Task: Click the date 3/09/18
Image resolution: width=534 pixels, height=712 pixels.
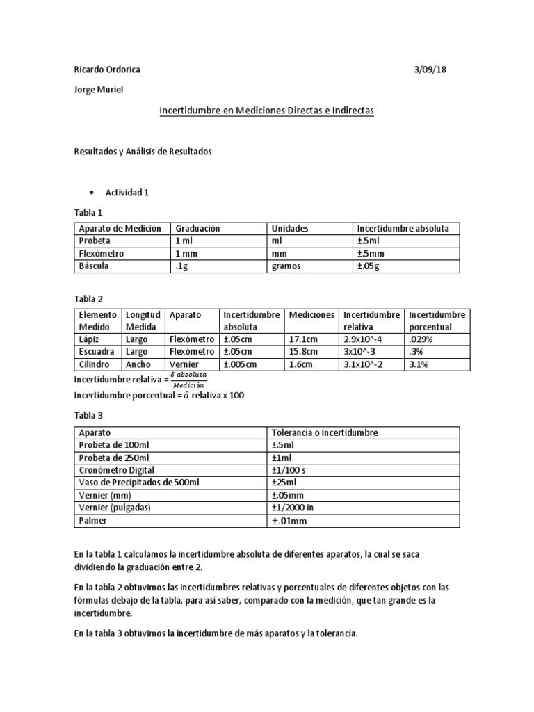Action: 436,70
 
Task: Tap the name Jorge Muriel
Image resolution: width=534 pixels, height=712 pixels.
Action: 98,90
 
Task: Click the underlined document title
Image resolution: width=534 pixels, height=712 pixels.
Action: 267,111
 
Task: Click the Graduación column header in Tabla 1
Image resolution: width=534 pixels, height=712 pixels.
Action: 197,228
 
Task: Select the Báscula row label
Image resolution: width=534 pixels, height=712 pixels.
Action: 94,266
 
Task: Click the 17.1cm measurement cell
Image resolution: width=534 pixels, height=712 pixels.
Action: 303,339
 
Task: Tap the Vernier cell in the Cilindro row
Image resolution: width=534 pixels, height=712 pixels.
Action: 184,364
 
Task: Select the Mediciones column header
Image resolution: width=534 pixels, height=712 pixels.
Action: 311,315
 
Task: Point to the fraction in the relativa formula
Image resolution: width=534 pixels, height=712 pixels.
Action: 188,379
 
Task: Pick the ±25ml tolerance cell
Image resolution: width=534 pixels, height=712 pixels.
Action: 285,483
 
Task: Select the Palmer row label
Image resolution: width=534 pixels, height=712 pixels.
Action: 93,520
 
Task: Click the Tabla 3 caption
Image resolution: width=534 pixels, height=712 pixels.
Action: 88,415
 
